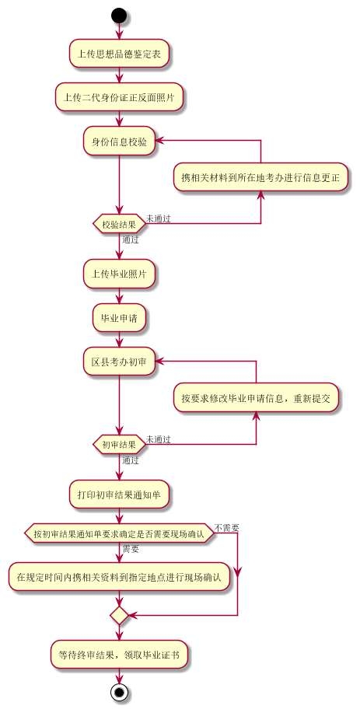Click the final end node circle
coord(119,692)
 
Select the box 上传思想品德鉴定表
coord(119,54)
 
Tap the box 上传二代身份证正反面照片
coord(119,97)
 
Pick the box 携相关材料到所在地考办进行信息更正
coord(260,177)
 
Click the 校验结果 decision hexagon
coord(119,224)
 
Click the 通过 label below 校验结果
coord(131,240)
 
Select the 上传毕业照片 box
coord(119,274)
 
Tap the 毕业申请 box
coord(119,317)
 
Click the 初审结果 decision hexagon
coord(119,445)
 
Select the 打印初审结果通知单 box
coord(119,493)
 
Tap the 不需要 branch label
coord(227,528)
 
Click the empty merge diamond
coord(119,615)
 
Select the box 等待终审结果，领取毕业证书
coord(119,655)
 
